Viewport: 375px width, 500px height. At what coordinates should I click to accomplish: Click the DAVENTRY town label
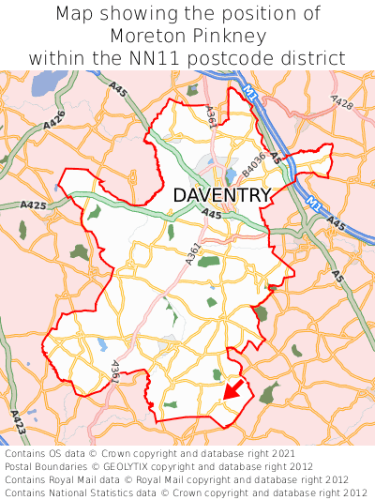tap(222, 195)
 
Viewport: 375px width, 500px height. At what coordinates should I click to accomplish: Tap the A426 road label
tap(55, 120)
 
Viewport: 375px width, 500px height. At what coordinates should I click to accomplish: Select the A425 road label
tap(33, 205)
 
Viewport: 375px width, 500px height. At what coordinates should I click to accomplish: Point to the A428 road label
tap(341, 101)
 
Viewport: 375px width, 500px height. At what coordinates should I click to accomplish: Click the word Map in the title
tap(75, 14)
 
